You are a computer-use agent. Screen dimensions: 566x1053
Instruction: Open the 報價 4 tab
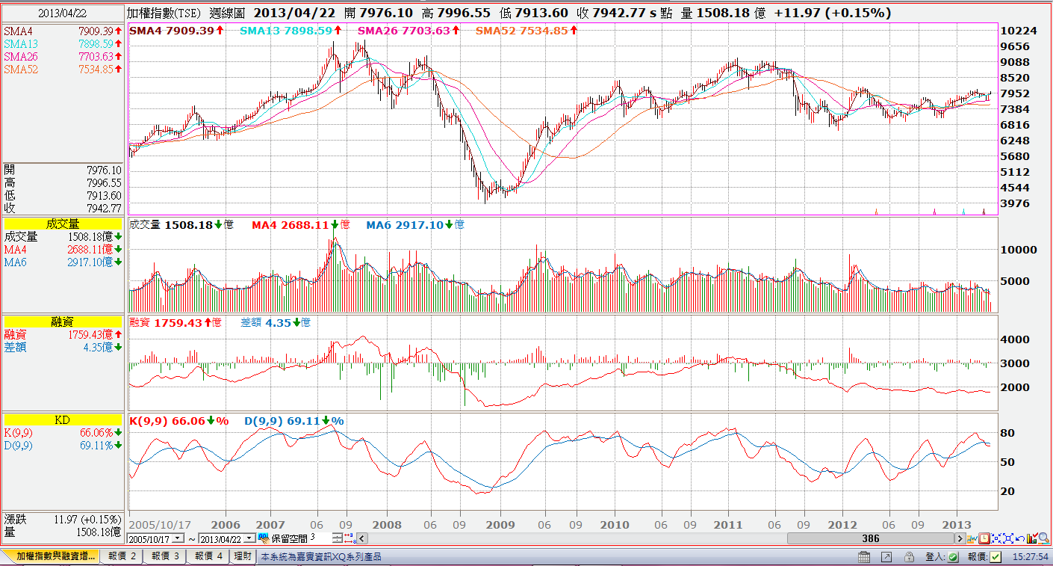[x=208, y=556]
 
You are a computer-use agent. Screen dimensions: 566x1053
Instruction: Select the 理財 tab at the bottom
[x=243, y=556]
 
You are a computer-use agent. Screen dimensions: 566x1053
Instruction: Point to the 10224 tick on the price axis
[x=1019, y=31]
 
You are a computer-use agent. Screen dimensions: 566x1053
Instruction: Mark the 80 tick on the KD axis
[x=1007, y=433]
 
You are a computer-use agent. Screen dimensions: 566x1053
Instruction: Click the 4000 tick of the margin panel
[x=1014, y=339]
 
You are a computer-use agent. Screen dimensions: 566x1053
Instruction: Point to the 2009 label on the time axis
[x=500, y=525]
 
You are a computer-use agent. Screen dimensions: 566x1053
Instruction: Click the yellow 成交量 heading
[x=63, y=224]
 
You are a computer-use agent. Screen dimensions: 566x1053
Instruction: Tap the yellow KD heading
[x=63, y=420]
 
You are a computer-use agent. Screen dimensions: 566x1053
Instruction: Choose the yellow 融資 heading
[x=63, y=321]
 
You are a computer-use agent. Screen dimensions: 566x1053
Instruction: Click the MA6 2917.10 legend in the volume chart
[x=414, y=224]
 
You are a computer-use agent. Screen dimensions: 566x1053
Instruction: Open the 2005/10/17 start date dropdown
[x=178, y=538]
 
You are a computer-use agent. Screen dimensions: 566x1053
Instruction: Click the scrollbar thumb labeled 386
[x=870, y=538]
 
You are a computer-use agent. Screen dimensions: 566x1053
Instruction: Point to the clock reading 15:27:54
[x=1031, y=557]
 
